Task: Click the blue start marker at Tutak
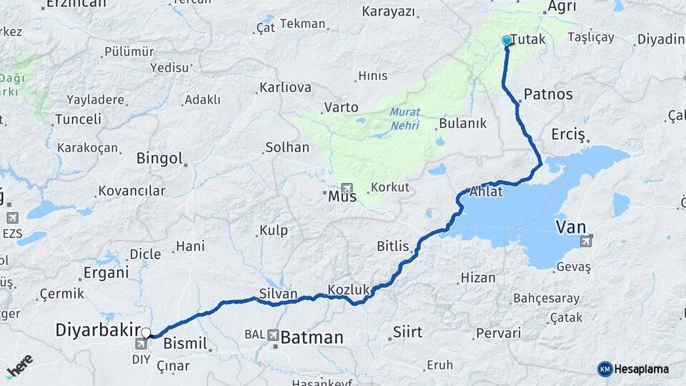pos(507,41)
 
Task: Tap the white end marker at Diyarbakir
pos(146,332)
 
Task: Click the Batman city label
pos(312,337)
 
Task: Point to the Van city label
pos(571,228)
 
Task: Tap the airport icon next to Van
pos(587,241)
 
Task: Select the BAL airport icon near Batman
pos(274,335)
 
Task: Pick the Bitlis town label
pos(393,247)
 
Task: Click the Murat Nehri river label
pos(405,119)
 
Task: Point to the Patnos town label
pos(548,94)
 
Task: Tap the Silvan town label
pos(278,294)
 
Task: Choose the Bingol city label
pos(159,158)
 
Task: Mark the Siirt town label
pos(407,332)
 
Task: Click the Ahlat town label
pos(487,192)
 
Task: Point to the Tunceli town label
pos(78,119)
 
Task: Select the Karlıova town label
pos(285,88)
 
